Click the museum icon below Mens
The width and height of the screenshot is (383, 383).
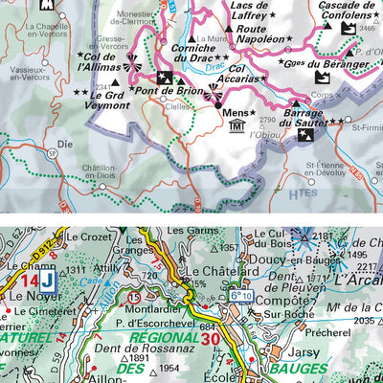(237, 127)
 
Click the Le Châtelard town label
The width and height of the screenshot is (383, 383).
(211, 272)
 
